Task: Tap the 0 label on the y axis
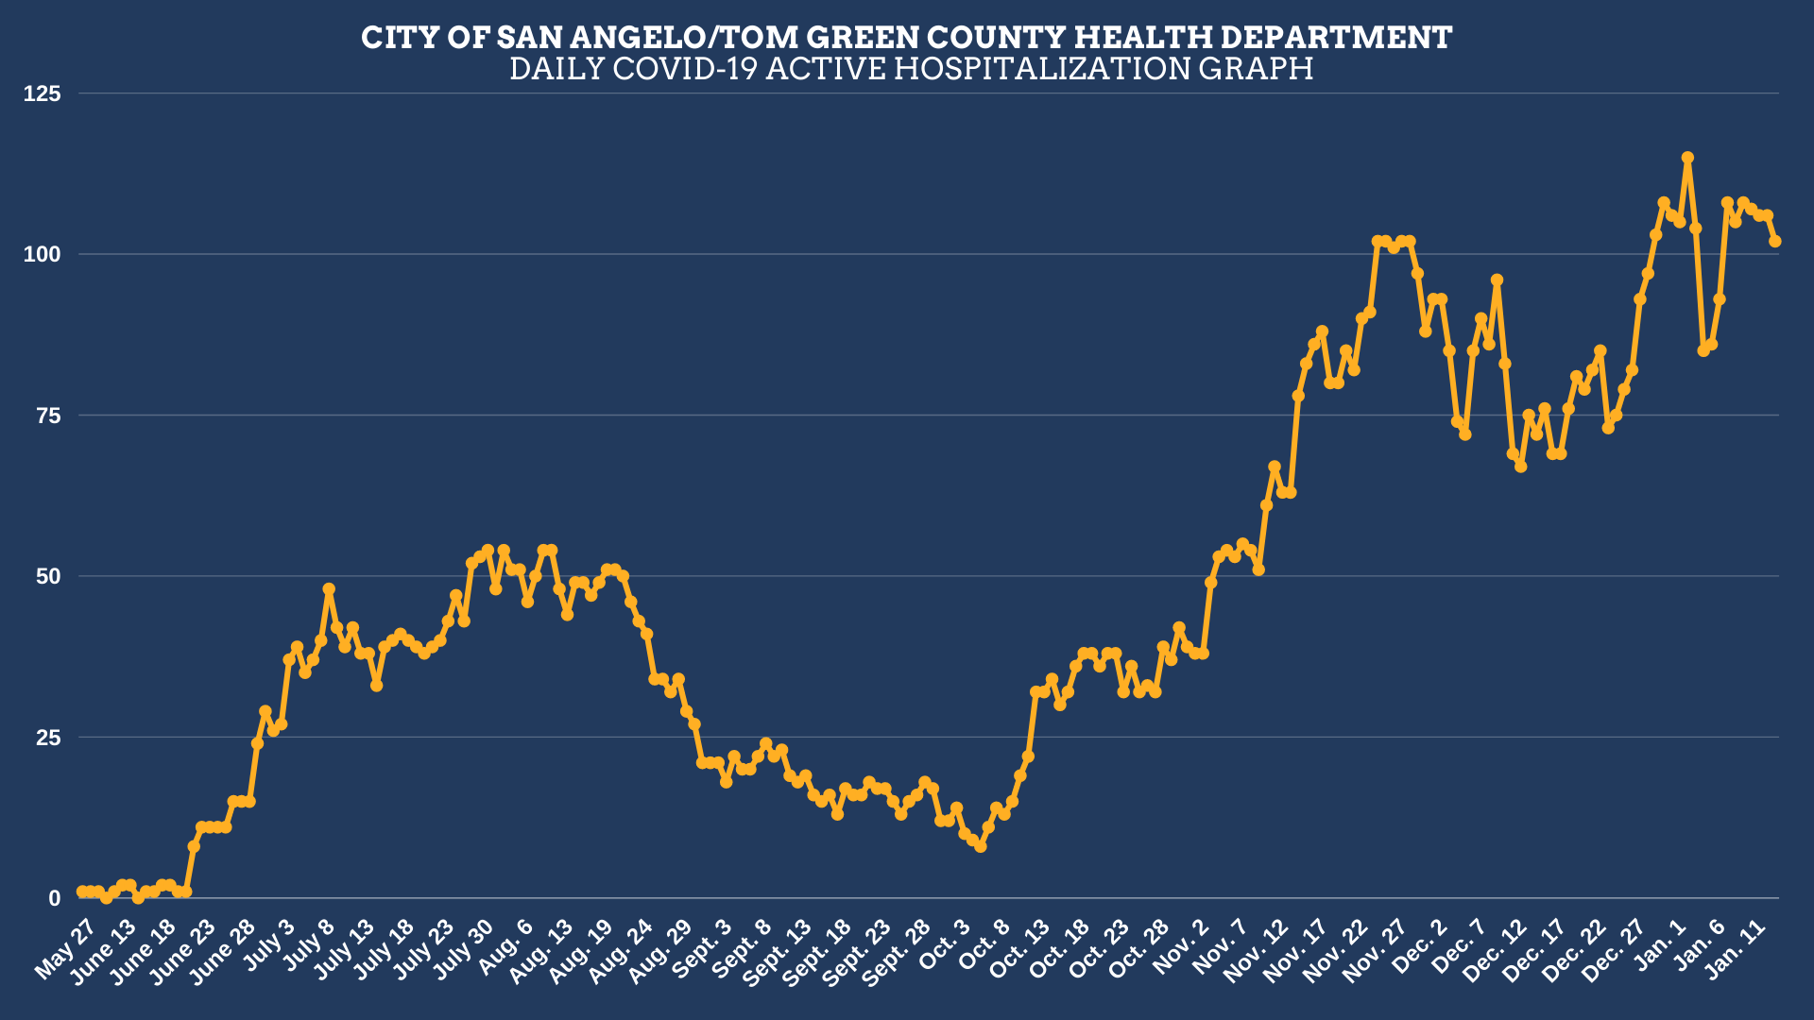(x=54, y=898)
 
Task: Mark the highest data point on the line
(x=1687, y=158)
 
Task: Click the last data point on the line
(x=1775, y=242)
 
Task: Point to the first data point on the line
(x=82, y=892)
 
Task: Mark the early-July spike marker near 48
(x=329, y=589)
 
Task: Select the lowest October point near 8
(x=981, y=847)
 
